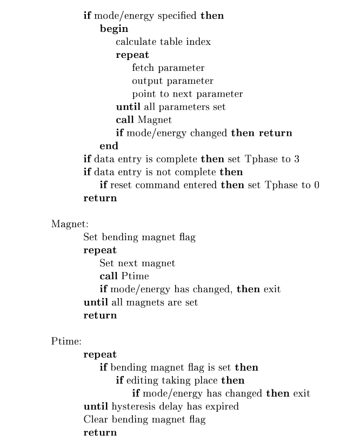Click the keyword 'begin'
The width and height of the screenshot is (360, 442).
(114, 29)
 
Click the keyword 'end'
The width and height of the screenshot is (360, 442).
(109, 146)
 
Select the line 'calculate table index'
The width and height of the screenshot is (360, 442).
(163, 42)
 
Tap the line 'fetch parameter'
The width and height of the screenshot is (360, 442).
(168, 68)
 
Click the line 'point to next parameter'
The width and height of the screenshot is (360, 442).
(187, 94)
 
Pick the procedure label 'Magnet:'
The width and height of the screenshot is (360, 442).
(66, 224)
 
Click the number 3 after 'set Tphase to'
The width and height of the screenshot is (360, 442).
(297, 159)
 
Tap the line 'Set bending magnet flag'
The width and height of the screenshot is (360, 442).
(139, 237)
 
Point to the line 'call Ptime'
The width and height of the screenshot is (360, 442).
(116, 276)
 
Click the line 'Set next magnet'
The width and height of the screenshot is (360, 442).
(137, 263)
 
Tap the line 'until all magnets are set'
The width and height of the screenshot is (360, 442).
(141, 302)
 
